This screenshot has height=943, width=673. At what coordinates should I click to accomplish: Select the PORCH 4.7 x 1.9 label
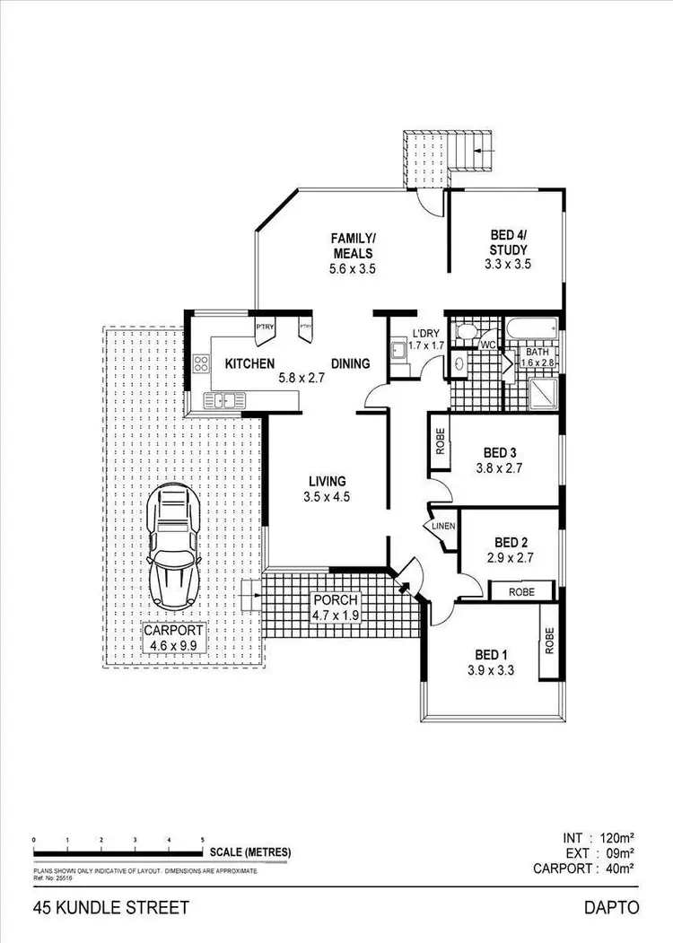336,607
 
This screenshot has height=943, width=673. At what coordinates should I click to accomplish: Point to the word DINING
351,364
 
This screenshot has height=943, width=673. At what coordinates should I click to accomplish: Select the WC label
488,345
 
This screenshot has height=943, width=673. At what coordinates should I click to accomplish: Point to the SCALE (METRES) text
249,851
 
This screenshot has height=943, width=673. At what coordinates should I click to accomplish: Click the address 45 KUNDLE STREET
111,907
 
